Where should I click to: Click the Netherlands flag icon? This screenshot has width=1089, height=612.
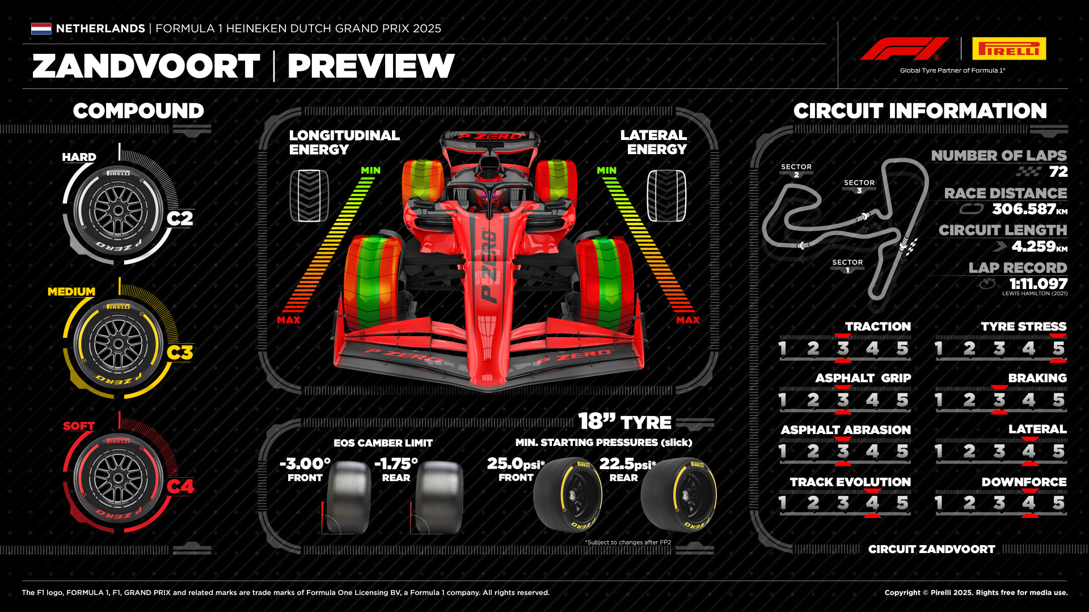[41, 28]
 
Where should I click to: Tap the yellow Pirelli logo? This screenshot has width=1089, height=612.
[1009, 49]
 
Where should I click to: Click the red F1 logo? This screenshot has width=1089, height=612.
[904, 49]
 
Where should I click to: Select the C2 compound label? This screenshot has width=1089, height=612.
[180, 219]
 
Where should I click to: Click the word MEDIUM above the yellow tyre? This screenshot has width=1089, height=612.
[71, 292]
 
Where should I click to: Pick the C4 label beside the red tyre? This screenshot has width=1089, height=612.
[180, 487]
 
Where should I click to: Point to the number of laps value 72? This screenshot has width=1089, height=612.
[1058, 172]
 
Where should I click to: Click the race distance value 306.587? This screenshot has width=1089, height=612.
[1024, 209]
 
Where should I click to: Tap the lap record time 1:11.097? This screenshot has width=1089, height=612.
[1038, 283]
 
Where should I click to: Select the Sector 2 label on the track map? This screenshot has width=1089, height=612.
[796, 170]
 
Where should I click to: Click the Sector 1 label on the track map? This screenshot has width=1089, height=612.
[847, 265]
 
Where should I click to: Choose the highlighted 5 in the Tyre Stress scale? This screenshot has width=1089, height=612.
[1058, 348]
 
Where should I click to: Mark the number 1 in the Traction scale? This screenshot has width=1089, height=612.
[783, 348]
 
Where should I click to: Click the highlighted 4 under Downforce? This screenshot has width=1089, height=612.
[1029, 503]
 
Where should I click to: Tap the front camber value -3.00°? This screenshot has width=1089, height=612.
[305, 464]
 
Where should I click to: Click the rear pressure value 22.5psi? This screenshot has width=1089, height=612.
[627, 464]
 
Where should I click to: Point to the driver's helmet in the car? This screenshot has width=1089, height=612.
[489, 197]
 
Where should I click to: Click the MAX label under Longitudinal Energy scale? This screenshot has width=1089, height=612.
[289, 320]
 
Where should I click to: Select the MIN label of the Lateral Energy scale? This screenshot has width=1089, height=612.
[606, 171]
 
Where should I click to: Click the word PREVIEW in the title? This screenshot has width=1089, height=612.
[371, 66]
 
